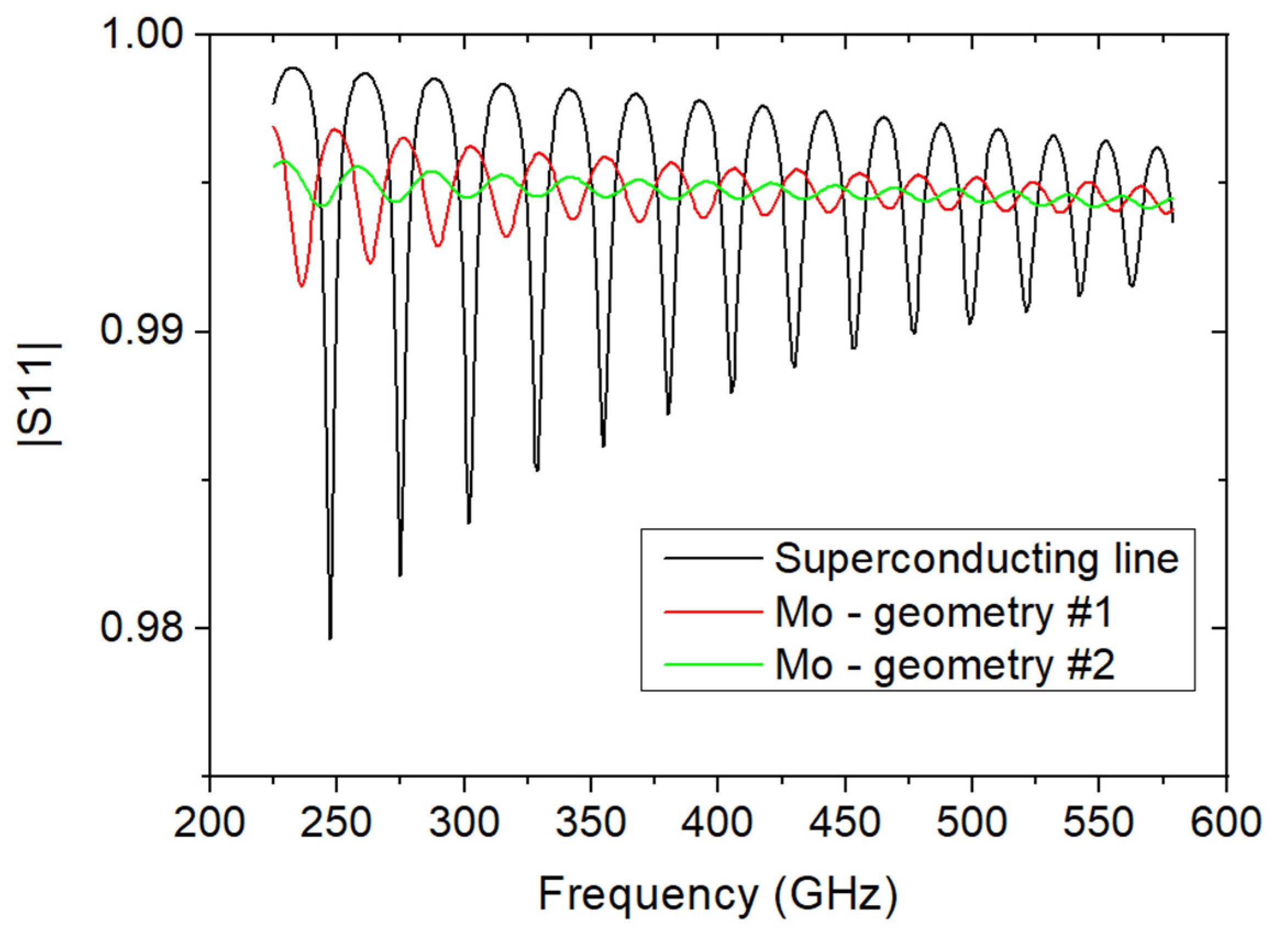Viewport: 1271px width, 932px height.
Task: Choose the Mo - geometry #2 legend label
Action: coord(945,665)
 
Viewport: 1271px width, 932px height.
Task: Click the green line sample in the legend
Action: coord(713,664)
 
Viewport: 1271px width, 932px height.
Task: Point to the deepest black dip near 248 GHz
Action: coord(330,637)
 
